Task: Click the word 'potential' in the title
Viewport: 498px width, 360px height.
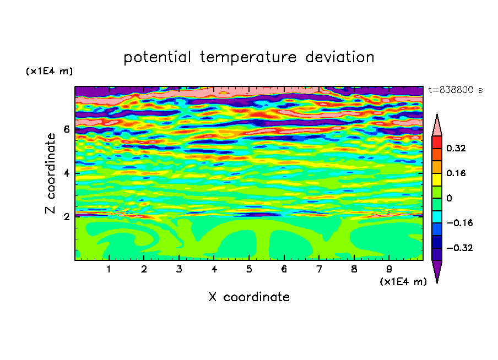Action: click(157, 57)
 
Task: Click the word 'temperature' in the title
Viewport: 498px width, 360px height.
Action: click(248, 57)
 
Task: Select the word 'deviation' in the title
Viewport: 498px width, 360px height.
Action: click(340, 57)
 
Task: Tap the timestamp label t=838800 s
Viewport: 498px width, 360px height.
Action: click(456, 90)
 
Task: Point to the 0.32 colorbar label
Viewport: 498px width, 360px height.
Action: click(456, 148)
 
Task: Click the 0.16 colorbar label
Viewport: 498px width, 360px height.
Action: click(456, 173)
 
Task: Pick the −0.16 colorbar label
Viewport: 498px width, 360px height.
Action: click(459, 223)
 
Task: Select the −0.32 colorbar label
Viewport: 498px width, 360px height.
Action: click(459, 248)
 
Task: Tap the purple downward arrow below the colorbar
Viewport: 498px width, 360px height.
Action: click(437, 270)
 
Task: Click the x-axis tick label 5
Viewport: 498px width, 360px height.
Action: click(249, 269)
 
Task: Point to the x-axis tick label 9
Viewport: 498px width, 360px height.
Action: click(389, 269)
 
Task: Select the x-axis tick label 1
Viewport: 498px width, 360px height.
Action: click(109, 269)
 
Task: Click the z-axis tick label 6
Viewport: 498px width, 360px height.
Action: click(66, 129)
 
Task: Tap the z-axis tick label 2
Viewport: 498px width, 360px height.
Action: click(66, 217)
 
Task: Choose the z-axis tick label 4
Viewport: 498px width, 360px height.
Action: click(66, 173)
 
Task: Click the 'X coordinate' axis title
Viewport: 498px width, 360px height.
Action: click(249, 297)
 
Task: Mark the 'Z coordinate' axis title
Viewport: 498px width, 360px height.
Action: click(50, 173)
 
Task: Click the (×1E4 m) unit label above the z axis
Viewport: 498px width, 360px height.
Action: click(49, 71)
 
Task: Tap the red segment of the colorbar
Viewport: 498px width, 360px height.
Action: click(437, 142)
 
